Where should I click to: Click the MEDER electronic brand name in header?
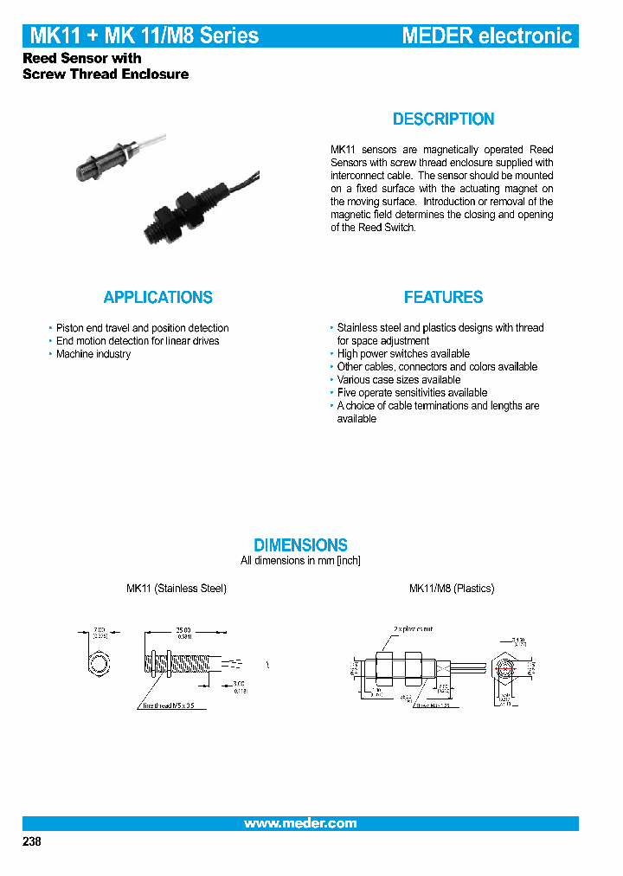click(486, 35)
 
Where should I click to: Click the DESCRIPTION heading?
click(443, 119)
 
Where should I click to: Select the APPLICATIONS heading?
click(157, 297)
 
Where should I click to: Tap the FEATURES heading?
click(443, 297)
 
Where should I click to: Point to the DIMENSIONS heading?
click(300, 544)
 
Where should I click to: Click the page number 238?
click(31, 841)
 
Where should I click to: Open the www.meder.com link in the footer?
click(300, 823)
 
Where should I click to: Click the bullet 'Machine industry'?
click(93, 354)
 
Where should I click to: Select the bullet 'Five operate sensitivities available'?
click(412, 393)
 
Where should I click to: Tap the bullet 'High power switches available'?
click(403, 354)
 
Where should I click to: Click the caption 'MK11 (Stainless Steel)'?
click(177, 589)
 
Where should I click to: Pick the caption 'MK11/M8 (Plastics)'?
click(451, 589)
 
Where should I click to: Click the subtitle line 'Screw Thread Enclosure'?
click(106, 74)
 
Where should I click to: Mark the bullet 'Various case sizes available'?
click(398, 380)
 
